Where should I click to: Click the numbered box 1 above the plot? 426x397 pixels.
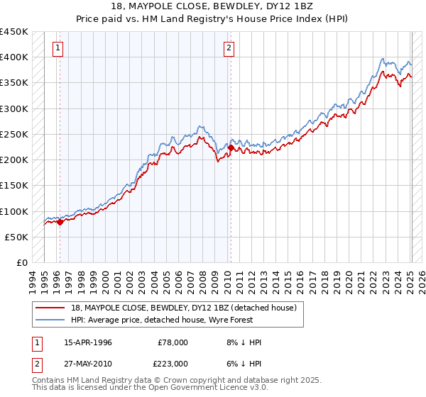coord(58,48)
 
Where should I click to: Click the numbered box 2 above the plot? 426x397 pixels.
coord(229,48)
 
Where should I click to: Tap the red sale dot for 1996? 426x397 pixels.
coord(60,222)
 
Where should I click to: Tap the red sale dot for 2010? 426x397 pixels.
coord(231,147)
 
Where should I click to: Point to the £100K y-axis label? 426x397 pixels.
coord(14,211)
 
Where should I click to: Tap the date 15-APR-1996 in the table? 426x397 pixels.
coord(88,342)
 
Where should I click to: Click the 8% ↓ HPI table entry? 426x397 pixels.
coord(242,342)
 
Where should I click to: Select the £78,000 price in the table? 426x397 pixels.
coord(173,342)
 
